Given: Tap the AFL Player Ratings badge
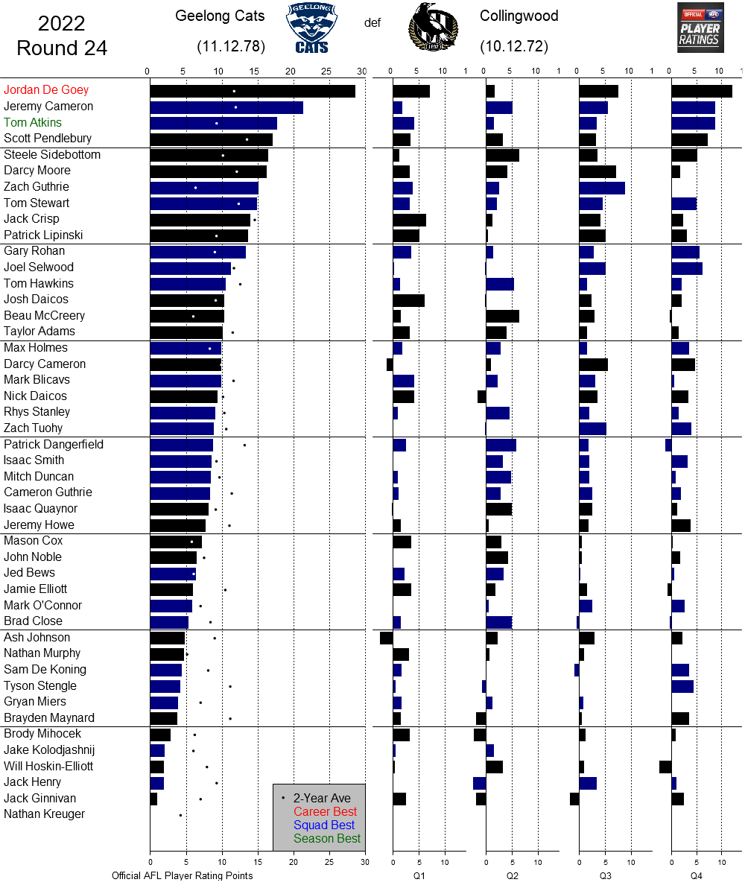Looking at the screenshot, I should [x=700, y=28].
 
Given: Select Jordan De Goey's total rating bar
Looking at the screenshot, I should [x=253, y=91].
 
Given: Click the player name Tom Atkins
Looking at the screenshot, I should [x=33, y=122].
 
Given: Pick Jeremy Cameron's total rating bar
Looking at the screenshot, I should [x=226, y=107].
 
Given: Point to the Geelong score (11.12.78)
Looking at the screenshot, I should [x=231, y=46].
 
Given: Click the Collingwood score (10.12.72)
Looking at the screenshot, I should [x=514, y=46].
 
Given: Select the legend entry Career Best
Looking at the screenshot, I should [x=325, y=811].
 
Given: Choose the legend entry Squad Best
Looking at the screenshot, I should [x=325, y=825].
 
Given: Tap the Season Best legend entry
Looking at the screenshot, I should [x=326, y=838].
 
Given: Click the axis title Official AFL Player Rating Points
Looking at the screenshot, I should [x=183, y=875].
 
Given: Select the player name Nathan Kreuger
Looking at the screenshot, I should [x=44, y=814].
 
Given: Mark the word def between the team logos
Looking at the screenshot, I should [x=372, y=22].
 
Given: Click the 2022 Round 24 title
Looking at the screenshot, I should [x=62, y=36].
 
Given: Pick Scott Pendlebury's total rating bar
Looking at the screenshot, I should [x=211, y=139].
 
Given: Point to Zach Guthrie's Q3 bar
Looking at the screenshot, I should [x=602, y=187].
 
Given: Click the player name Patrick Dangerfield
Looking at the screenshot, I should [x=54, y=444].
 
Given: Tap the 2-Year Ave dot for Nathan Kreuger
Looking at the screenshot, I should [x=180, y=815].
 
